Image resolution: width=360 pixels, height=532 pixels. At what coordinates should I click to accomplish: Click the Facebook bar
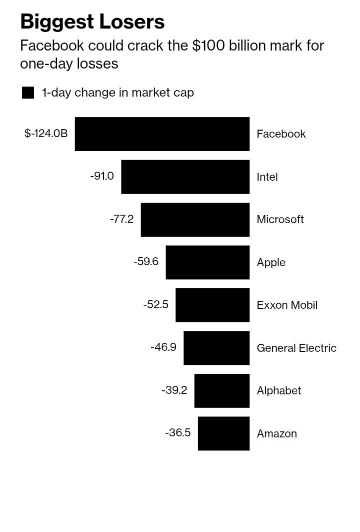162,134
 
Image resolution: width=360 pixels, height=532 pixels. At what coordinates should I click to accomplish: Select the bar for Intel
185,177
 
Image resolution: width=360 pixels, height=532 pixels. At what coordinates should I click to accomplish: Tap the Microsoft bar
195,220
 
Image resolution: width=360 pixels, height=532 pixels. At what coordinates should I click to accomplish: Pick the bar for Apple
208,262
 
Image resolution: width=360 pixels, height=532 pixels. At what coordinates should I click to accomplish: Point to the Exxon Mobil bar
212,305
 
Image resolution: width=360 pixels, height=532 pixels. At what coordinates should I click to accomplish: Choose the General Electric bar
216,348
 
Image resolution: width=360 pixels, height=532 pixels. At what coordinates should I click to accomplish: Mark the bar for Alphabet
222,390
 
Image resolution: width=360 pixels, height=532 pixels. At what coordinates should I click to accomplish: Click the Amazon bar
223,433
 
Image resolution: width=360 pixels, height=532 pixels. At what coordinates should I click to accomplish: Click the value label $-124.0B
46,133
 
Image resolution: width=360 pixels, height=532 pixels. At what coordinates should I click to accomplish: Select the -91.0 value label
102,176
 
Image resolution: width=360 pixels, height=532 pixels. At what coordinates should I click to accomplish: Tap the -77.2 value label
121,219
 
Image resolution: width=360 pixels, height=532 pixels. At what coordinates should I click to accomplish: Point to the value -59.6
146,261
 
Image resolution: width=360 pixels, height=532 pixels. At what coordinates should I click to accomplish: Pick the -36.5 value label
178,432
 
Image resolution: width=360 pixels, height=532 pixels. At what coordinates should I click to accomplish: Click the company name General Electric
296,348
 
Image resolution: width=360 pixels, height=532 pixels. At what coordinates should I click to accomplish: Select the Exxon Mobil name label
287,305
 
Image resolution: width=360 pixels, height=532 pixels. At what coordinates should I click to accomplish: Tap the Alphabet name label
279,390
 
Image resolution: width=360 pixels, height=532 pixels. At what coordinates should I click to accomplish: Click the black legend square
28,93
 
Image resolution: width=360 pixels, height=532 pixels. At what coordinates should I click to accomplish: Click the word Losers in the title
132,22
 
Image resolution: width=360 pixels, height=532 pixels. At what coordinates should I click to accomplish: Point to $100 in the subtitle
208,46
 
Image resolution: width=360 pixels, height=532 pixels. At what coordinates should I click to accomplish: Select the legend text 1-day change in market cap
118,93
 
